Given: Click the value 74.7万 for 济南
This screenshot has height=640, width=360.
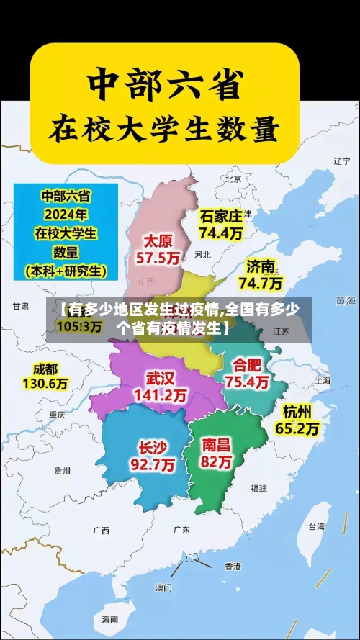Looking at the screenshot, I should point(260,282).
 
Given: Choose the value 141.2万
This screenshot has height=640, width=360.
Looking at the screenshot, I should point(161,395).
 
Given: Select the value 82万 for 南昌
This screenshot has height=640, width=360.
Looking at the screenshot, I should point(217,462).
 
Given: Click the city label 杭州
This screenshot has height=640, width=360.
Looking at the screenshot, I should point(297,411).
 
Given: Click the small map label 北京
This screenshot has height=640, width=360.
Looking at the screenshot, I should point(233,179).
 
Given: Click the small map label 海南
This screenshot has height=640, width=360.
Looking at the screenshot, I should point(109,619).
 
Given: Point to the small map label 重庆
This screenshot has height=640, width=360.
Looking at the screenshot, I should point(57,415).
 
